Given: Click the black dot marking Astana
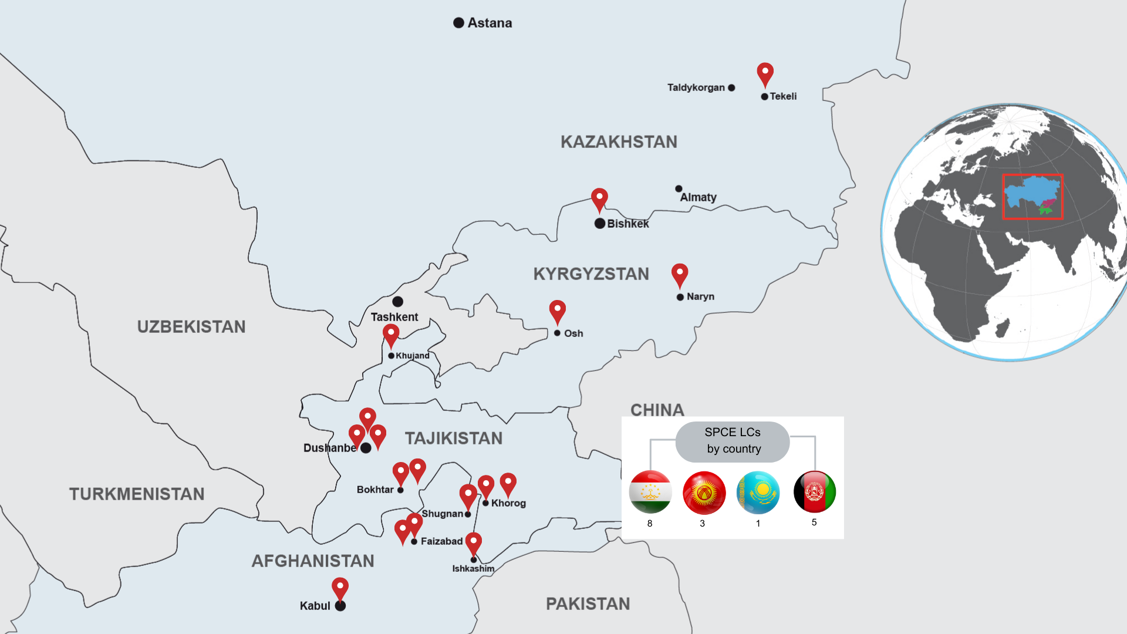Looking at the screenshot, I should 458,23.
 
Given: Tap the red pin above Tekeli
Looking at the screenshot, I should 765,73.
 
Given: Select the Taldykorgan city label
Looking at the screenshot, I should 696,87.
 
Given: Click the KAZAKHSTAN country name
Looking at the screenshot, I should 619,142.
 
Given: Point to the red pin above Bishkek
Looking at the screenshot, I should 599,198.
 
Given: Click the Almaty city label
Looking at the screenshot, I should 698,197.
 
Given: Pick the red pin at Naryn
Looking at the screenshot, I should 680,274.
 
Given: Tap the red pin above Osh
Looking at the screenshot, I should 557,311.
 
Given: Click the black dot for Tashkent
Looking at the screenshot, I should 397,302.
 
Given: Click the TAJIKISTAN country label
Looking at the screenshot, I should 454,439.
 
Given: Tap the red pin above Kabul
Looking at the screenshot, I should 340,588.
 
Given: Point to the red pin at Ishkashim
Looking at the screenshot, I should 474,543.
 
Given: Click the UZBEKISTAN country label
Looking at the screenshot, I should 191,327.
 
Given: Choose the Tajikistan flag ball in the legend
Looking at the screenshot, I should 650,492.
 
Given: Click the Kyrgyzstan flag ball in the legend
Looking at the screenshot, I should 704,493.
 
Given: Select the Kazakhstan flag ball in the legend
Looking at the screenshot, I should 758,493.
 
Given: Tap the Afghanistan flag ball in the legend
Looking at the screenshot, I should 815,492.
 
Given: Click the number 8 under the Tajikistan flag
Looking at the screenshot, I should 650,523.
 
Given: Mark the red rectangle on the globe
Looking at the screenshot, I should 1032,197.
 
